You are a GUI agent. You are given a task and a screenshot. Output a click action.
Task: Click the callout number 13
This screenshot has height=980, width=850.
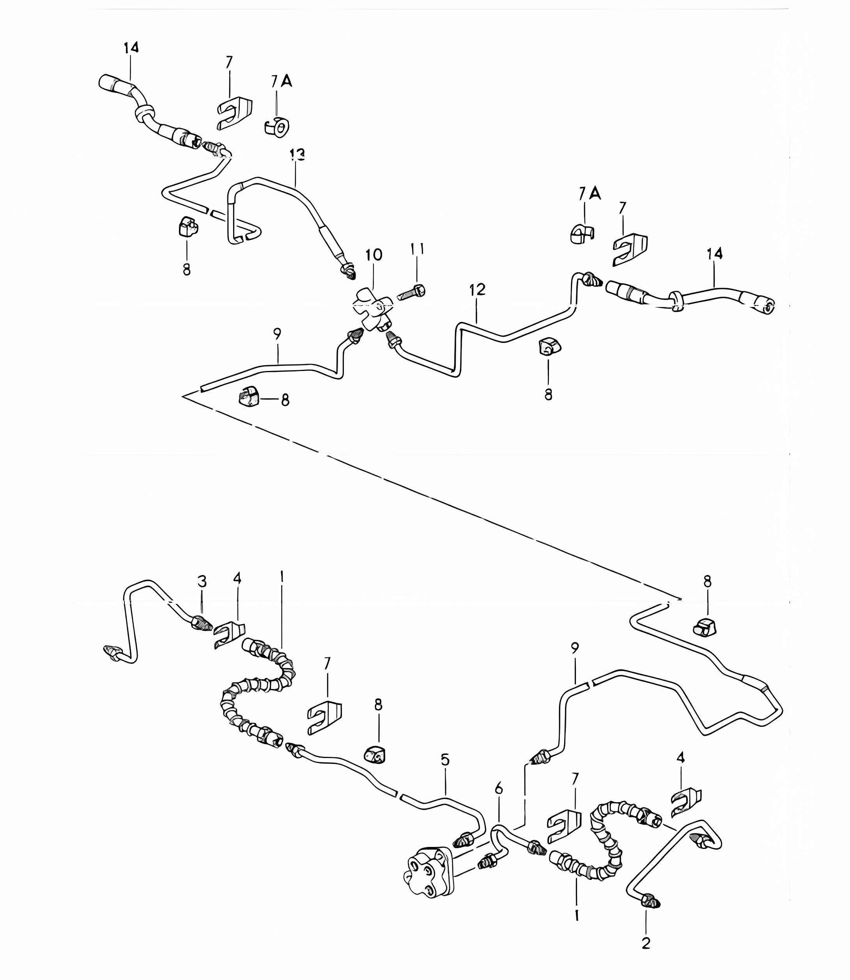297,155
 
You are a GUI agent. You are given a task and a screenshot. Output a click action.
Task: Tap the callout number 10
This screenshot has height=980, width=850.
374,255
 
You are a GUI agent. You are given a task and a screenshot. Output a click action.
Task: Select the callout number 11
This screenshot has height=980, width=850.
418,249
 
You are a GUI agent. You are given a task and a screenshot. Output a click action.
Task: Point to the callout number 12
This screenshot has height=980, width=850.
478,289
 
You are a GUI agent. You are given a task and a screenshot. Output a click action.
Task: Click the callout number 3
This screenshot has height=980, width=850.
202,581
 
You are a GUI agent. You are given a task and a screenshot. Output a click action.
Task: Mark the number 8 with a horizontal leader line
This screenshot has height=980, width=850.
285,400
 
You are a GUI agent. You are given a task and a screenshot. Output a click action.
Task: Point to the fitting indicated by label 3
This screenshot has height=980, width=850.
200,623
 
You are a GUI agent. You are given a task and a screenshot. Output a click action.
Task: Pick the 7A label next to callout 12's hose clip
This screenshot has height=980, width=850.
590,194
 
